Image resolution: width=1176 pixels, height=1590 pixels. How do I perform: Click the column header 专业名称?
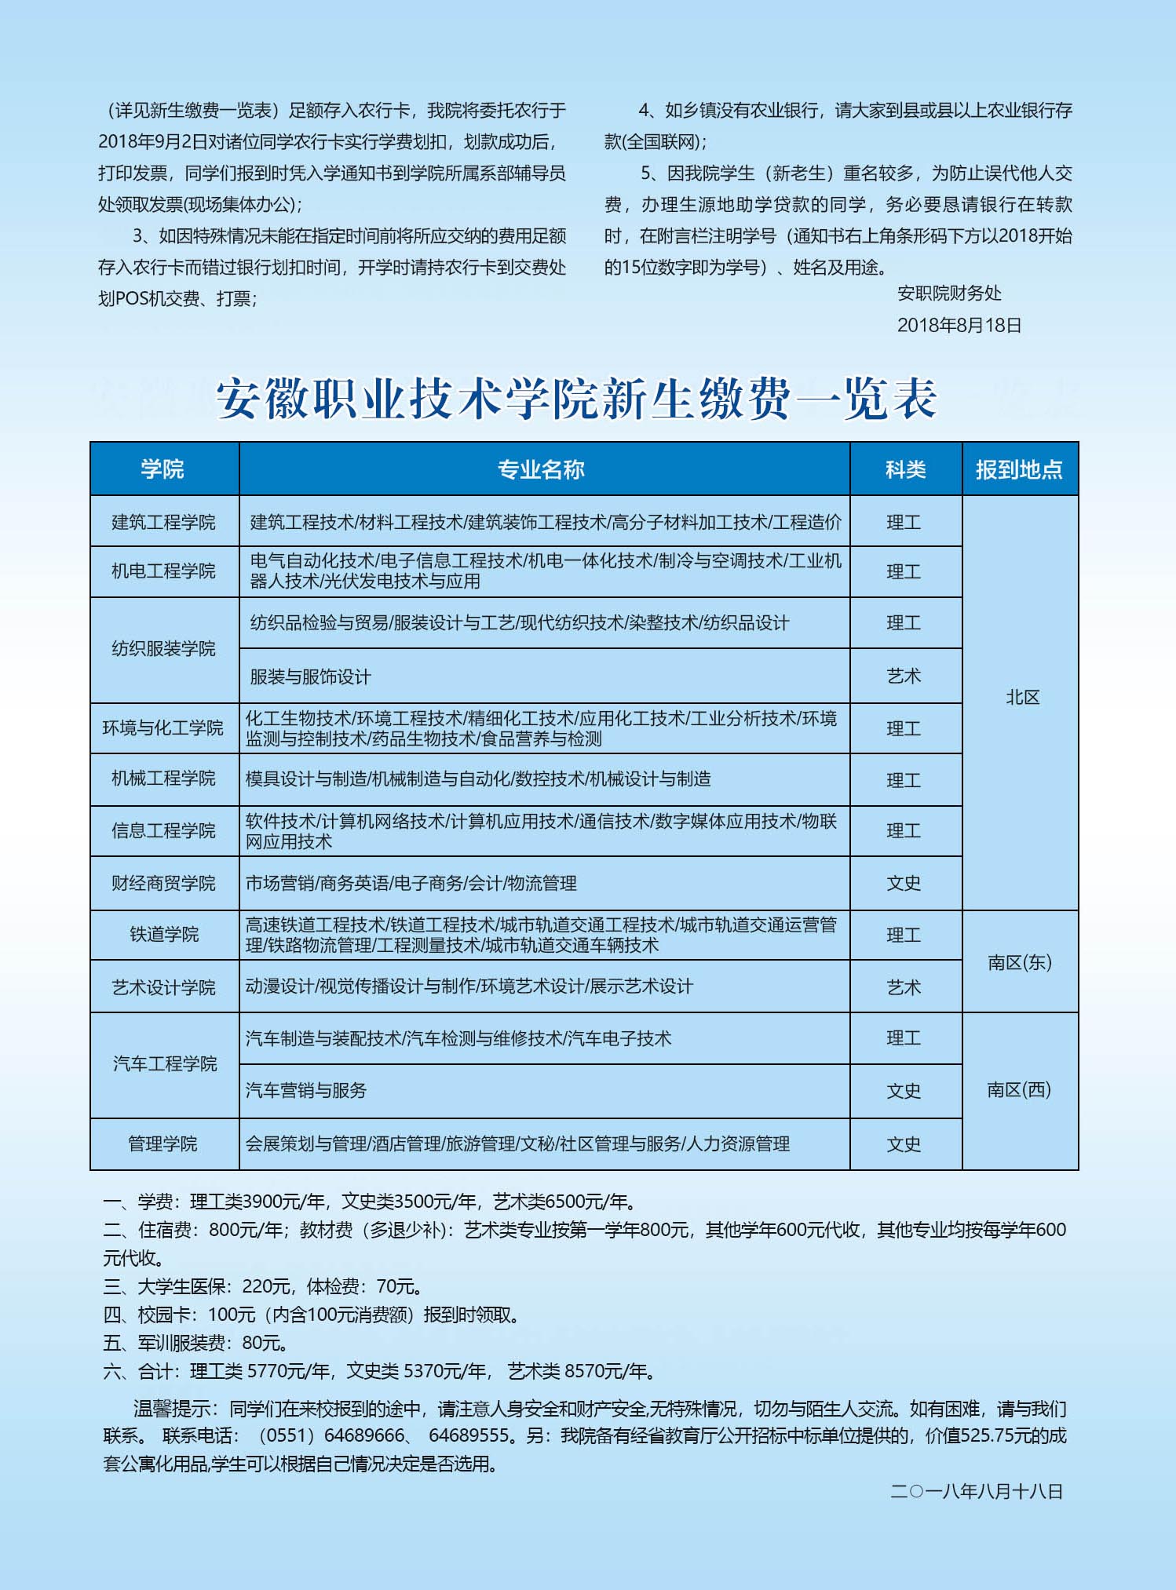click(x=541, y=469)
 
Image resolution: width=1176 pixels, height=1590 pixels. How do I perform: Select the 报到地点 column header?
click(x=1019, y=469)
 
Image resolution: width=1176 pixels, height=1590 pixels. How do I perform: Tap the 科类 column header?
click(x=905, y=469)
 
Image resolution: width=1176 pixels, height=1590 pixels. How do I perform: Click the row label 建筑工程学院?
click(x=163, y=522)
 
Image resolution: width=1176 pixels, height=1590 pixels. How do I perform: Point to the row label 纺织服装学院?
click(x=163, y=649)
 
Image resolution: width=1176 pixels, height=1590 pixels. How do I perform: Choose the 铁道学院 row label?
click(x=163, y=934)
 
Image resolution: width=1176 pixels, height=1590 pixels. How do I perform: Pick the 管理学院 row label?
click(x=163, y=1143)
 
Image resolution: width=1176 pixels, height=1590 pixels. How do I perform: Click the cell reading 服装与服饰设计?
click(x=310, y=676)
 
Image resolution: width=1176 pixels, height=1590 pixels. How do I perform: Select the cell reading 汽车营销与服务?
click(x=306, y=1090)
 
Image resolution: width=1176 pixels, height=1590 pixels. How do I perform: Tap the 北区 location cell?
click(x=1022, y=698)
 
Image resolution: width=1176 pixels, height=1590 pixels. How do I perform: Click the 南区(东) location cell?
click(x=1019, y=962)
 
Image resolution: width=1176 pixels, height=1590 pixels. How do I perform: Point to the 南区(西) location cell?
click(x=1019, y=1089)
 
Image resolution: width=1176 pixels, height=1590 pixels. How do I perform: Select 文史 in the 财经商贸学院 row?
click(x=904, y=883)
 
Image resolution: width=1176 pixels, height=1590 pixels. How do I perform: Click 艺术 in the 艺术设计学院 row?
click(x=904, y=987)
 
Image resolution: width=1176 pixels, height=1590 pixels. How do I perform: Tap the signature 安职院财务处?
click(x=949, y=294)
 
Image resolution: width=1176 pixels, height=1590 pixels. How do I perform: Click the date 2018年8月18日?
click(x=959, y=326)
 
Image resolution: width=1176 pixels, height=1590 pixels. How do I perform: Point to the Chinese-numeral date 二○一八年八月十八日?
click(x=976, y=1491)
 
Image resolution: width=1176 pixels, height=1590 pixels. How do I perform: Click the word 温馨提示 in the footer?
click(x=168, y=1409)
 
